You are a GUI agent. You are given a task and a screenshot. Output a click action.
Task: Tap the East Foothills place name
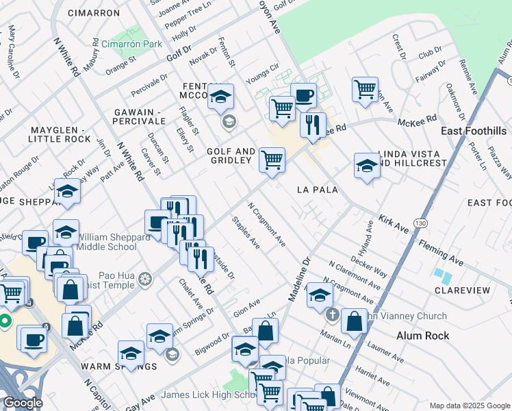click(474, 131)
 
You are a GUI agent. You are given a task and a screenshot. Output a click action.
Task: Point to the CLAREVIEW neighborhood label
click(462, 290)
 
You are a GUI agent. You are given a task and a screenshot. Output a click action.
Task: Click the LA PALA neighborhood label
click(317, 189)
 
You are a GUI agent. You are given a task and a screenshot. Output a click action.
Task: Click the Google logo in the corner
click(23, 403)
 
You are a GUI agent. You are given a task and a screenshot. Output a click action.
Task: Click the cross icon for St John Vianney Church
click(332, 316)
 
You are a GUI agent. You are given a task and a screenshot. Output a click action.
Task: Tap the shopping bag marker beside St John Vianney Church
click(354, 321)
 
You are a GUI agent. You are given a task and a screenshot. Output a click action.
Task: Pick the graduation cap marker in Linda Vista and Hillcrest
click(367, 166)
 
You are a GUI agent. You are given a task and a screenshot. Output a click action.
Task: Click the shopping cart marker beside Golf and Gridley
click(272, 160)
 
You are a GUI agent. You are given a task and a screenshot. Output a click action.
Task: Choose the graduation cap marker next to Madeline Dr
click(319, 295)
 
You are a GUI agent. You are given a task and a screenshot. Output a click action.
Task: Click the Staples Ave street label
click(245, 233)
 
